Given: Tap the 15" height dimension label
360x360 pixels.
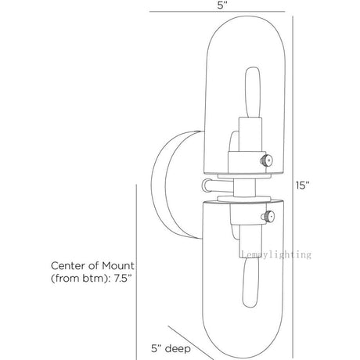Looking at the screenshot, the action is pyautogui.click(x=302, y=185).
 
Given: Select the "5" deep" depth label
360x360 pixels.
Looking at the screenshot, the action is pyautogui.click(x=171, y=348).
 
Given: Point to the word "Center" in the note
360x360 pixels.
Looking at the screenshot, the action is pyautogui.click(x=67, y=266).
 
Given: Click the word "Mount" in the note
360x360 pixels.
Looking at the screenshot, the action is pyautogui.click(x=118, y=266).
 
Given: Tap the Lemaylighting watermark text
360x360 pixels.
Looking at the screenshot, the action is pyautogui.click(x=276, y=254).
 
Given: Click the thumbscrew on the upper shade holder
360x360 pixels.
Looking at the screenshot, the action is pyautogui.click(x=267, y=160).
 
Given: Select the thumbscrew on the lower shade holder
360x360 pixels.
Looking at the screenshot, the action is pyautogui.click(x=268, y=216).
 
